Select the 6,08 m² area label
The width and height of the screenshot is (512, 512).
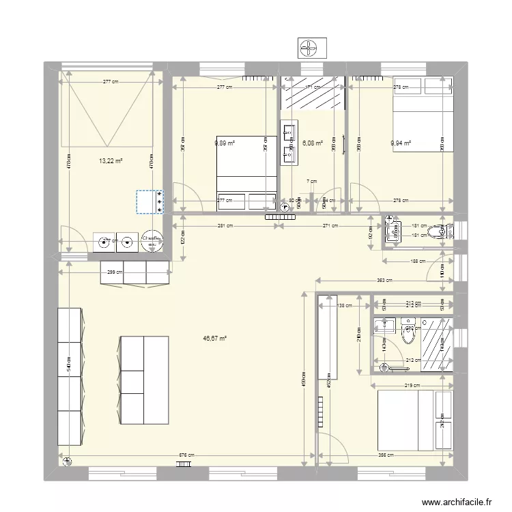[313, 143]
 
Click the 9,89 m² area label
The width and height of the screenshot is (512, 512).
[225, 143]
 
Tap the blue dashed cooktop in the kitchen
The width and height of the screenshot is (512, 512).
[150, 202]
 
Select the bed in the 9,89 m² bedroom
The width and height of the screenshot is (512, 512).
[246, 174]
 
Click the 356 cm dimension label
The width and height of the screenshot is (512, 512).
[386, 456]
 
